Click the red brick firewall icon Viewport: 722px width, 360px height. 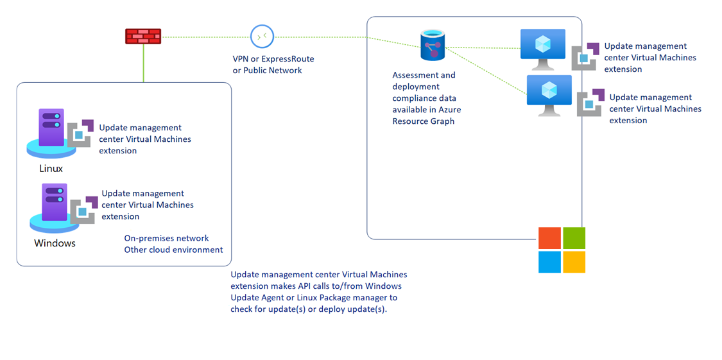click(142, 37)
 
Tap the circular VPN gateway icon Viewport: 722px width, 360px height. click(262, 37)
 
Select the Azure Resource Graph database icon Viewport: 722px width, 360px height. click(433, 46)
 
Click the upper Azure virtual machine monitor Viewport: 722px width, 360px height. click(542, 48)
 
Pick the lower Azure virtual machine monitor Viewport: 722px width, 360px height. click(549, 94)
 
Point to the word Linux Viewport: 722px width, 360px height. click(51, 169)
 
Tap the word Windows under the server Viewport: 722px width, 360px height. click(55, 243)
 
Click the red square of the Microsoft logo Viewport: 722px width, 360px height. click(549, 238)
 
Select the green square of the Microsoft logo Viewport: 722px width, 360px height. click(574, 238)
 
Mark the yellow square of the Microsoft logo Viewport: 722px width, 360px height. click(574, 262)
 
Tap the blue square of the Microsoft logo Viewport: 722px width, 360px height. click(549, 262)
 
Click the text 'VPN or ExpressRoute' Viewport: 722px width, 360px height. click(273, 59)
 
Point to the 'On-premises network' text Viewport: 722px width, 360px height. click(166, 238)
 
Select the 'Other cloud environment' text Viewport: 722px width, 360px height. click(173, 250)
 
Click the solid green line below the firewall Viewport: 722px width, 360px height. click(143, 64)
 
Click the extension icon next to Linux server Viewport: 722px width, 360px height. click(81, 133)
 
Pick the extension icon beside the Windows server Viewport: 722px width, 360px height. click(83, 210)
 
